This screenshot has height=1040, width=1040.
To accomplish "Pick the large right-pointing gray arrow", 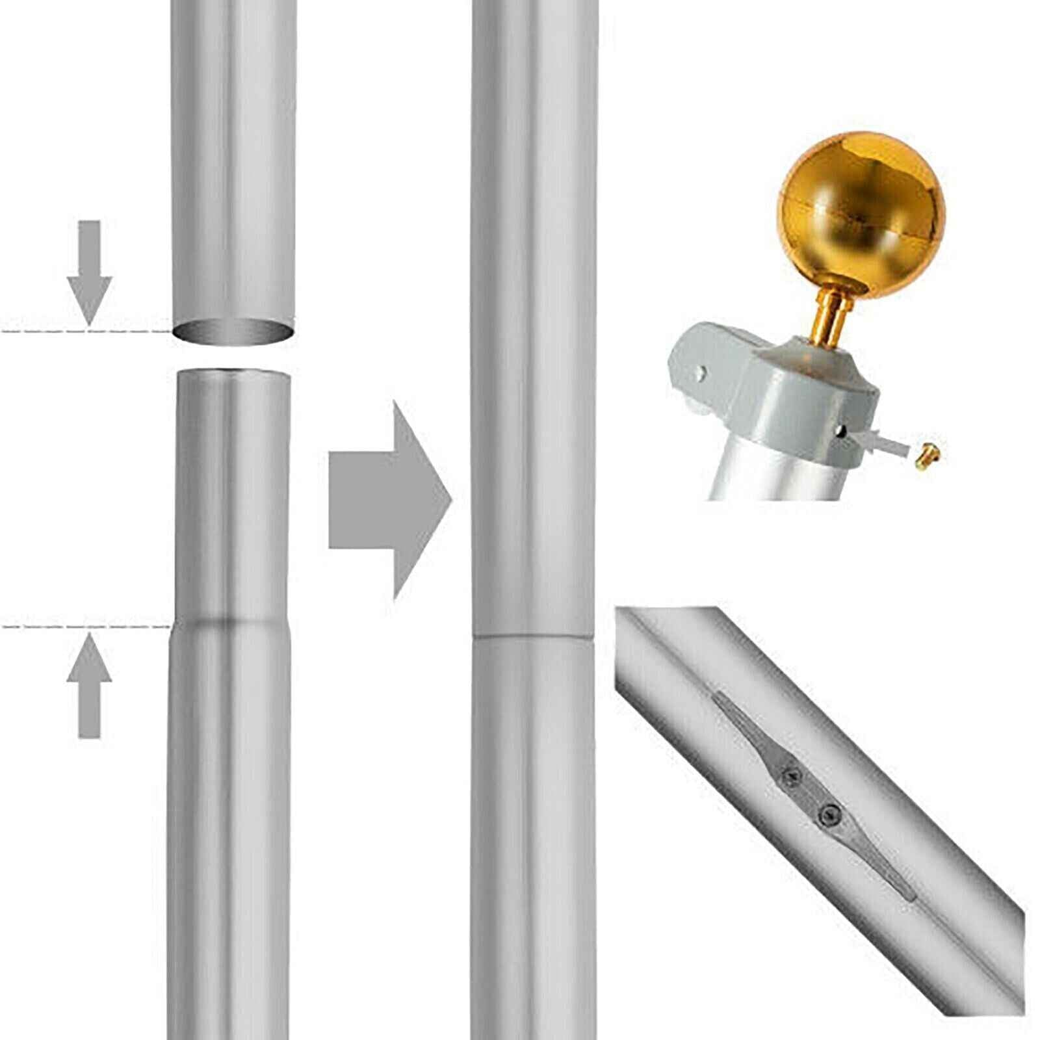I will (x=389, y=499).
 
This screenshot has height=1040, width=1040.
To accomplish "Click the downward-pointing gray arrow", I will (x=90, y=272).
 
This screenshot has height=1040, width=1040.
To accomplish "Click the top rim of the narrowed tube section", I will (x=233, y=372).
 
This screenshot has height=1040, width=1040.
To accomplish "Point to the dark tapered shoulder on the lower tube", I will (x=230, y=621).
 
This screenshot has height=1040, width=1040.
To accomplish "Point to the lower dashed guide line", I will (x=84, y=627).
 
